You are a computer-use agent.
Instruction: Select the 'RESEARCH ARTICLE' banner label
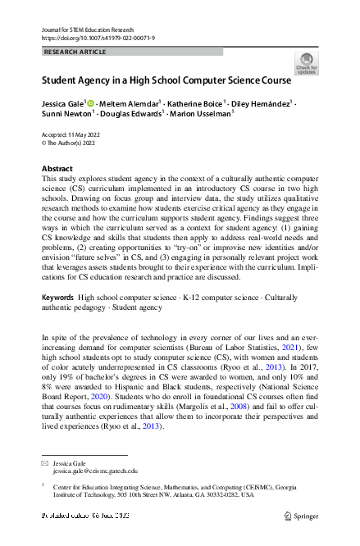click(75, 52)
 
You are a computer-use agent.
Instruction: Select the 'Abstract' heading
click(57, 168)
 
